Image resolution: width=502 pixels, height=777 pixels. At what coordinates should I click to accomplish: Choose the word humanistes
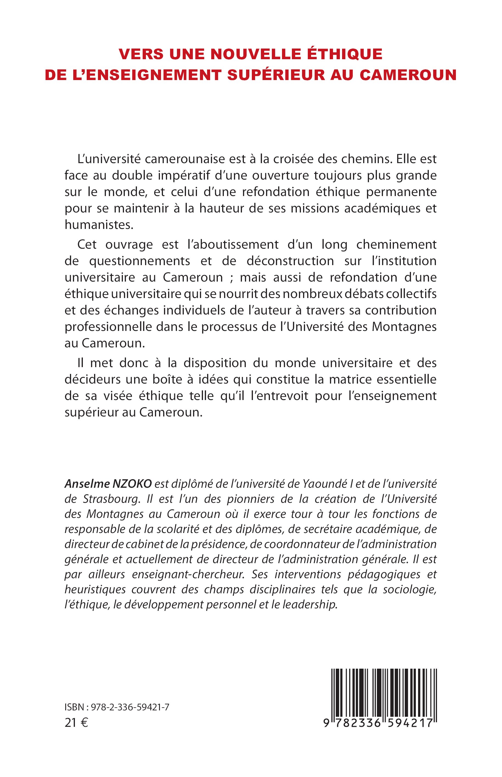click(98, 225)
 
